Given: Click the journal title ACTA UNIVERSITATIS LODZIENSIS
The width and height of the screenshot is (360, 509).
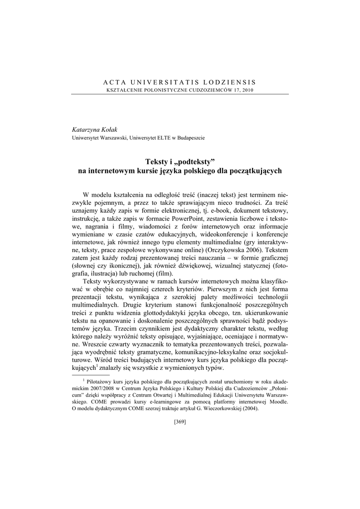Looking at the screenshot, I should coord(180,82).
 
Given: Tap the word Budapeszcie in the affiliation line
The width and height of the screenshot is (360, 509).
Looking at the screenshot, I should coord(189,137).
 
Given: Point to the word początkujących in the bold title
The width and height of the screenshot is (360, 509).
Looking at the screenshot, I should coord(256,170).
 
